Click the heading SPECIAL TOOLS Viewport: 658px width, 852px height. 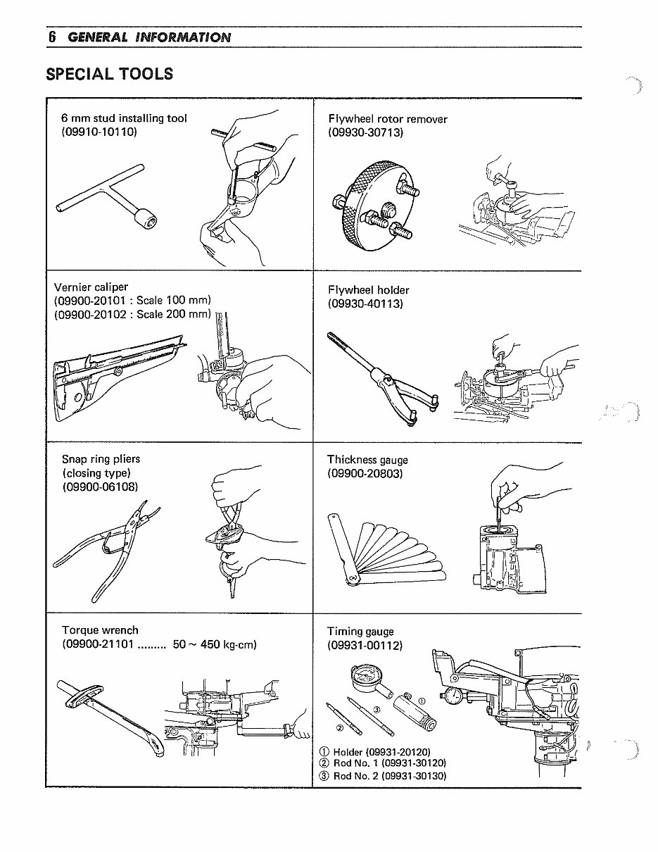coord(109,74)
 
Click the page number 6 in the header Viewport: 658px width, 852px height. coord(51,37)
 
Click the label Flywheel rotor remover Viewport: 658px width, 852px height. coord(387,119)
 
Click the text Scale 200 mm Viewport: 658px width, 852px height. coord(174,314)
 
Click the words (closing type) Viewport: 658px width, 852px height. coord(96,472)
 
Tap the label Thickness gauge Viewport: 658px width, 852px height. coord(367,460)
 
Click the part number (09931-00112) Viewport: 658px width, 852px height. coord(365,645)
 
